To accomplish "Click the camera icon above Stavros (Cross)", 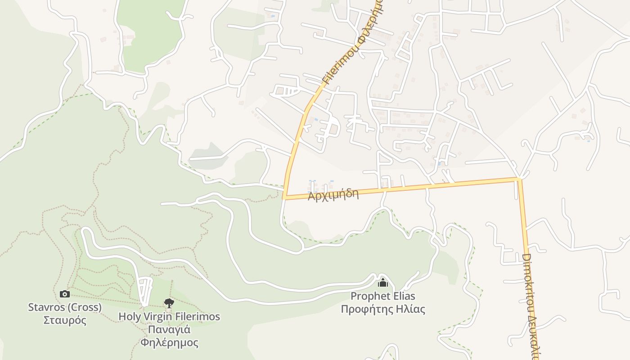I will [65, 294].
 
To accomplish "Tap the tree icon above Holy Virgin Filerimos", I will [169, 303].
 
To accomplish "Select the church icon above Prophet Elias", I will [383, 283].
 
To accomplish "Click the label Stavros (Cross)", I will [65, 307].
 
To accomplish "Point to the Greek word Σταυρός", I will [65, 320].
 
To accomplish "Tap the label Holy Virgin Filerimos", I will [169, 316].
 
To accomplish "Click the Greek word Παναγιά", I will [169, 329].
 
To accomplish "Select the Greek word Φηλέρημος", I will [169, 342].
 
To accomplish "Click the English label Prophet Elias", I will [383, 296].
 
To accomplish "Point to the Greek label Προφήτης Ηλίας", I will [383, 309].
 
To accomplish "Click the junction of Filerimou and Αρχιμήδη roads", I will [284, 197].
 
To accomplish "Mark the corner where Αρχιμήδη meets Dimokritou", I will [519, 180].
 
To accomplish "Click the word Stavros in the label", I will [45, 307].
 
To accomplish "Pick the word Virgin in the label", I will [156, 316].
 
